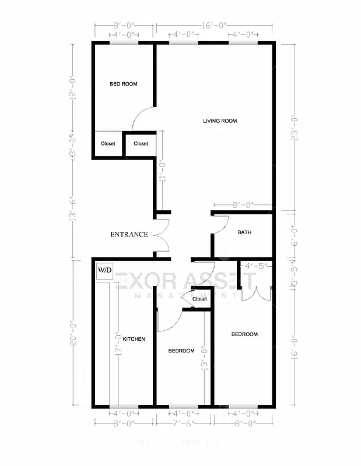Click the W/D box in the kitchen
[x=104, y=270]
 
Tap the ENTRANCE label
[x=129, y=235]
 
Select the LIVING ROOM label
[x=220, y=121]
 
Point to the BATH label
[x=244, y=232]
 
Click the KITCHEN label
[x=134, y=339]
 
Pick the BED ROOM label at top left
[x=124, y=84]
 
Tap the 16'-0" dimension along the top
[x=214, y=26]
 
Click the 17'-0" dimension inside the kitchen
[x=117, y=344]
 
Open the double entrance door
[x=161, y=235]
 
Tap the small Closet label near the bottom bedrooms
[x=199, y=299]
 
